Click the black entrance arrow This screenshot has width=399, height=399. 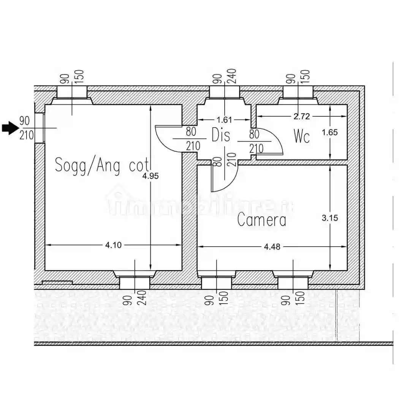(10, 128)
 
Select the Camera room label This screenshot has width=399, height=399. (261, 220)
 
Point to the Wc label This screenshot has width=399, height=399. (302, 136)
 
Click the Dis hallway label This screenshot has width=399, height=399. (221, 135)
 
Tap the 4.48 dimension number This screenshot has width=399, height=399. (272, 247)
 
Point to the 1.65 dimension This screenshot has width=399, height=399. (329, 133)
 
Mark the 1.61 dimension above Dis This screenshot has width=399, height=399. (224, 120)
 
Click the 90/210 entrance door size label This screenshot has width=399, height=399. (26, 128)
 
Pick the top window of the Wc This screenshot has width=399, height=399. (298, 93)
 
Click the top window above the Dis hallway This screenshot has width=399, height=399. (225, 93)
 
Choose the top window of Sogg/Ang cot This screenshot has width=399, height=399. (72, 93)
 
